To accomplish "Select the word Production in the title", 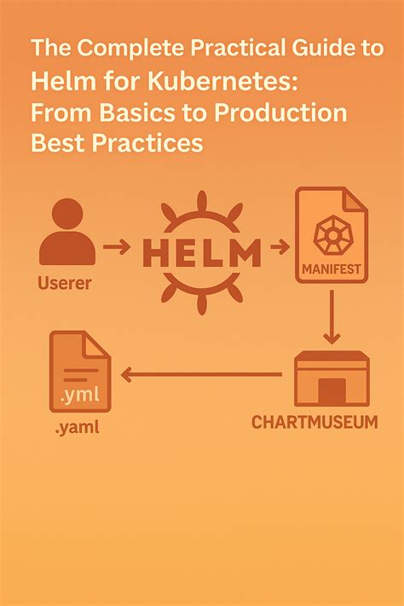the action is point(280,113).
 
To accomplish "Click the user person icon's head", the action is point(67,214).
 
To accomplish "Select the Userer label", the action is point(65,283).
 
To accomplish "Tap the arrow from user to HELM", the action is point(117,246).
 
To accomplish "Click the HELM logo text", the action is point(201,253).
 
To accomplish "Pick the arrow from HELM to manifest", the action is point(280,246).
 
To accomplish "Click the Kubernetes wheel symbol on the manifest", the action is point(332,234).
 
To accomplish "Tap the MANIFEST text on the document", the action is point(332,269).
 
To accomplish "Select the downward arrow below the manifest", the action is point(332,317).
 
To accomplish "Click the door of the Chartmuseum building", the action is point(332,391).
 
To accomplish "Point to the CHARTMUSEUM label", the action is point(315,422).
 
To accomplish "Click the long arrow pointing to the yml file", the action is point(201,374).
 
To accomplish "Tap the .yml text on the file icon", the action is point(80,395).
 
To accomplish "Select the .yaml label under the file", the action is point(78,428).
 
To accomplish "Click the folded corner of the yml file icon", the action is point(95,344).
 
